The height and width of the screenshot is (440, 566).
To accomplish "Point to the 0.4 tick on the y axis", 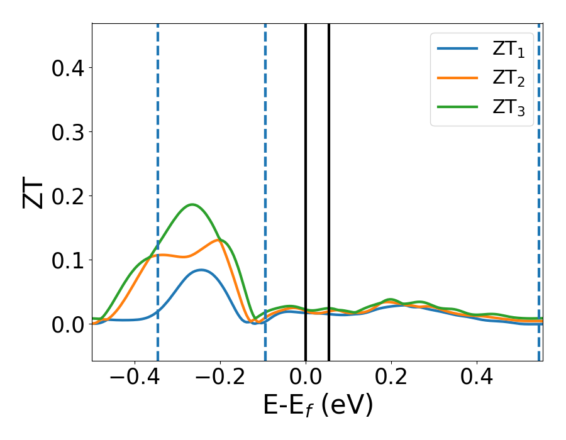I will click(68, 68).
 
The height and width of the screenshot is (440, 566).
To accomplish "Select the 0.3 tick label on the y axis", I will click(68, 132).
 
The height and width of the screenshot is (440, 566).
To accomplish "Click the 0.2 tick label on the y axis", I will click(68, 196).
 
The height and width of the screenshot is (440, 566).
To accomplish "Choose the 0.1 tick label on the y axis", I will click(68, 260).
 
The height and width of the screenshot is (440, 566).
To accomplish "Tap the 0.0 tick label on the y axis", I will click(68, 324).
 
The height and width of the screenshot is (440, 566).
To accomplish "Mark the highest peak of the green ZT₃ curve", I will click(192, 204).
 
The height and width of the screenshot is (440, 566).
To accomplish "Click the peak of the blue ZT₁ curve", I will click(201, 270).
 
